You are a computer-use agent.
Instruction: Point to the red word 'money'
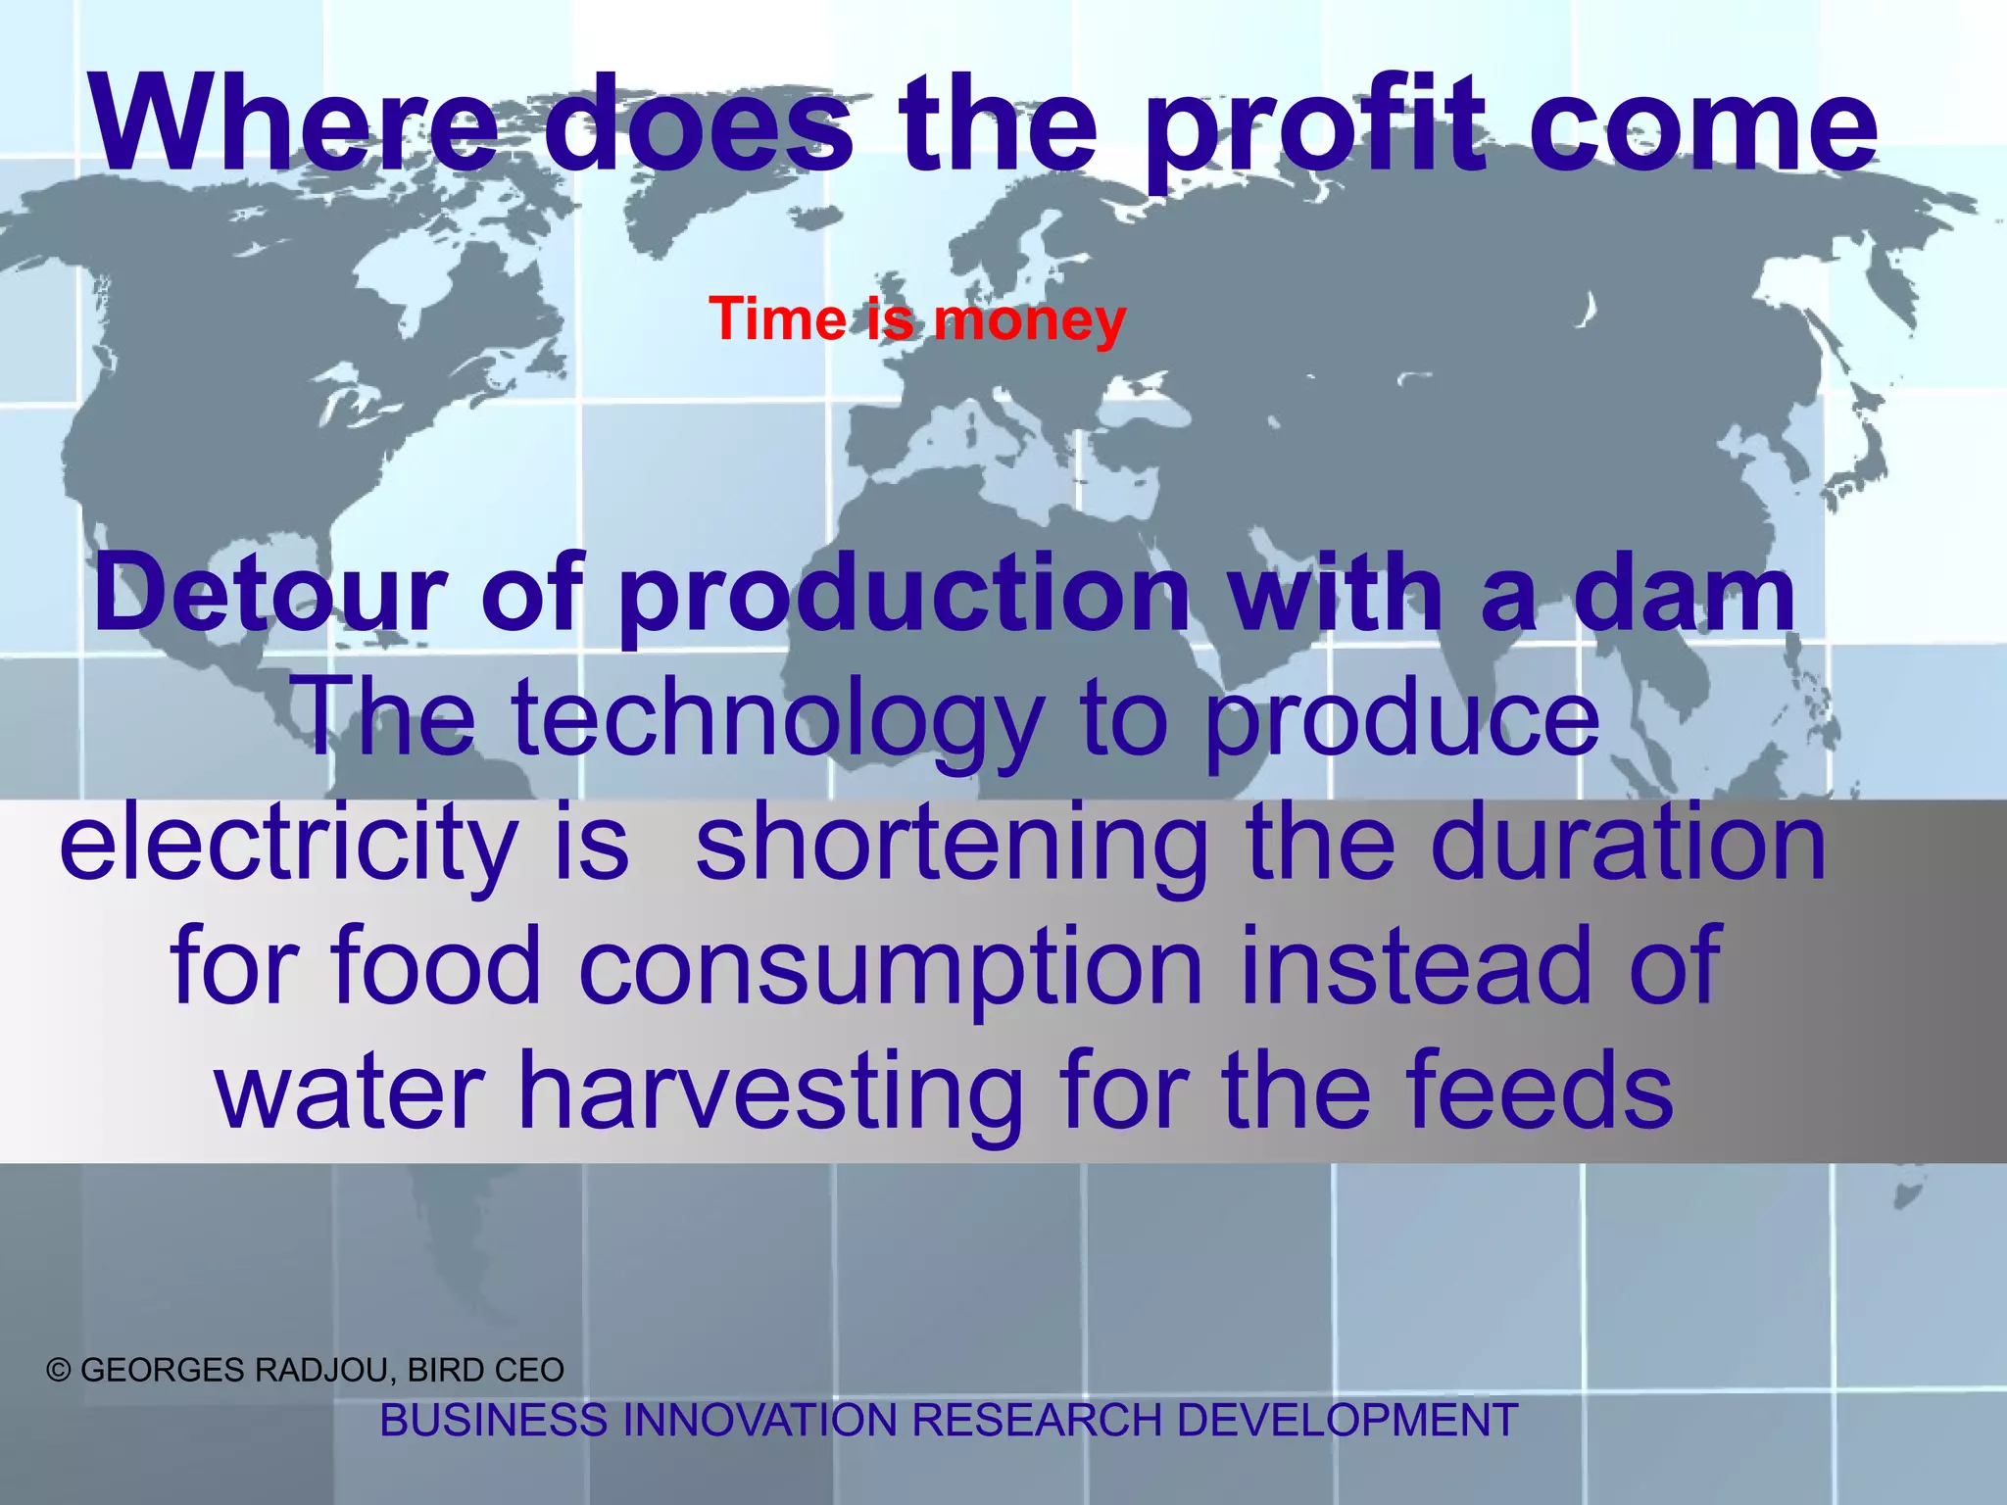(1029, 321)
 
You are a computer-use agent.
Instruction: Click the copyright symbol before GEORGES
(59, 1370)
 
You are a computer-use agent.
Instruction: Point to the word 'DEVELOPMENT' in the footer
(1346, 1420)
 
